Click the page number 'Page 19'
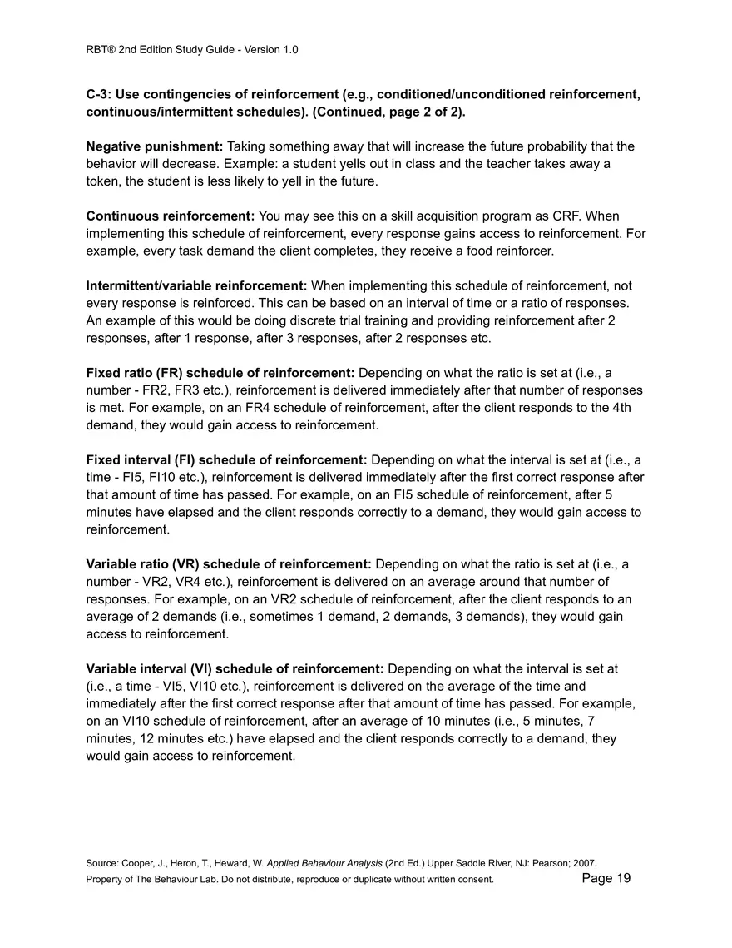(606, 878)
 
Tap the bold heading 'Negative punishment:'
(155, 146)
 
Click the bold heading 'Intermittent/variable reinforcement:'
(196, 286)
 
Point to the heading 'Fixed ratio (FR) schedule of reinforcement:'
(220, 373)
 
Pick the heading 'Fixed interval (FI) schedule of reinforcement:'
(226, 459)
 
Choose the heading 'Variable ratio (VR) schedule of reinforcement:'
(230, 564)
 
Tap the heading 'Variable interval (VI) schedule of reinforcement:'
(235, 669)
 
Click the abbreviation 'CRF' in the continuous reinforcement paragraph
(542, 216)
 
